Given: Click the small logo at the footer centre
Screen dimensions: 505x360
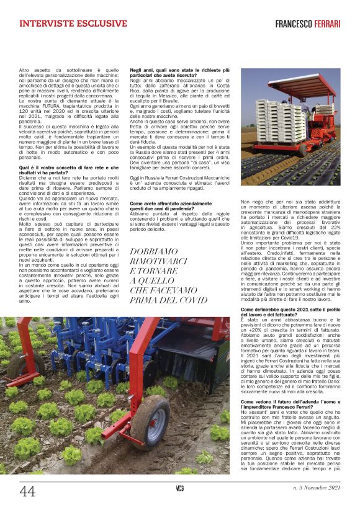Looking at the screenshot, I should pyautogui.click(x=179, y=489).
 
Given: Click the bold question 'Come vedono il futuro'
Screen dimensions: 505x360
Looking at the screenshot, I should pyautogui.click(x=290, y=404).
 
